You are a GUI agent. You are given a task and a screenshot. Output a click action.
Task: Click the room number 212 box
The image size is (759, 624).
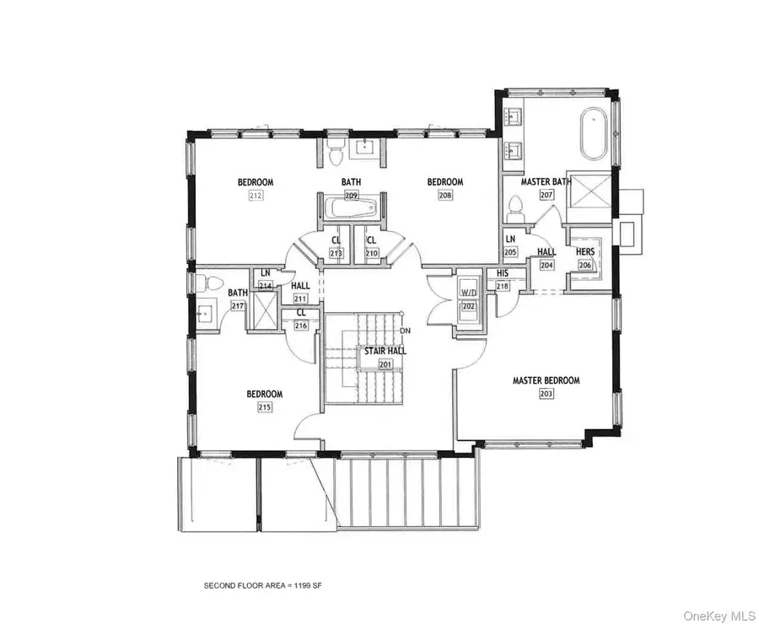click(256, 196)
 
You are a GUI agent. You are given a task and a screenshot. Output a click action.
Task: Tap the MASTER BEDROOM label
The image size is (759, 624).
click(546, 380)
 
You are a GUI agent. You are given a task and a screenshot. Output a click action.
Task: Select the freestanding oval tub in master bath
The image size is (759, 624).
click(593, 134)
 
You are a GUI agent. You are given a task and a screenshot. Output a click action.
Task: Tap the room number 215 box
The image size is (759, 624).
click(264, 407)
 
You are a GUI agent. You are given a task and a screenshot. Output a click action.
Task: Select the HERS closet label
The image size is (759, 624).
click(584, 251)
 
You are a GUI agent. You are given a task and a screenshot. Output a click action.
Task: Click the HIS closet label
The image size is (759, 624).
click(503, 273)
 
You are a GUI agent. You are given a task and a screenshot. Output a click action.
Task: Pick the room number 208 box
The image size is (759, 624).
click(445, 196)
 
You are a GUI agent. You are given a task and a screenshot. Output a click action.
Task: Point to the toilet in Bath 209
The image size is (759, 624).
click(335, 154)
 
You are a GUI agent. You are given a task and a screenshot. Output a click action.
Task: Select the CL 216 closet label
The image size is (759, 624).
click(300, 312)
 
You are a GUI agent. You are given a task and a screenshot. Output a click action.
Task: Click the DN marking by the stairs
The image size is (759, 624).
click(406, 330)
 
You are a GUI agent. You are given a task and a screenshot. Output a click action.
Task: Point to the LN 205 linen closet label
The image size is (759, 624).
click(511, 240)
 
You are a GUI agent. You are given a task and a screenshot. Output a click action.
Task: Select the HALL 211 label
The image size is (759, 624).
click(300, 286)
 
